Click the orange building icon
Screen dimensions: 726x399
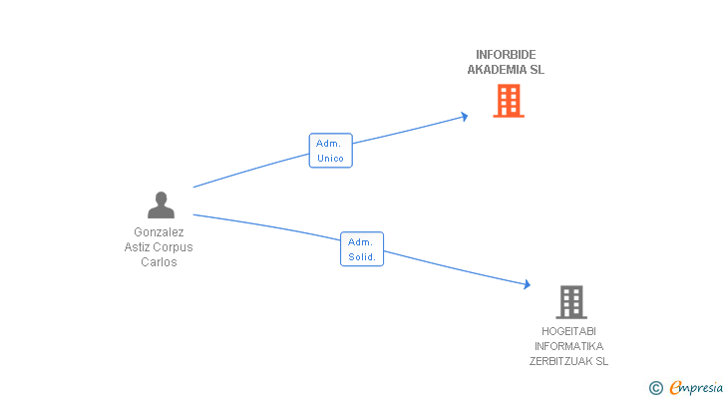[509, 101]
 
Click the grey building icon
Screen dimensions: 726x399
[571, 302]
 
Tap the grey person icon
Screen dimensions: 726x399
[161, 205]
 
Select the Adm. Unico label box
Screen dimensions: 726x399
[331, 151]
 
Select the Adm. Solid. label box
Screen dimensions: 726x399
[362, 249]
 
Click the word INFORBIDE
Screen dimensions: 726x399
[506, 55]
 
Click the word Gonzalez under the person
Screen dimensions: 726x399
[159, 232]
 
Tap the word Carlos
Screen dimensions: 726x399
[159, 262]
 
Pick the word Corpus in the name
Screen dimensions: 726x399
[175, 247]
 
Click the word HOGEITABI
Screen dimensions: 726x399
[568, 331]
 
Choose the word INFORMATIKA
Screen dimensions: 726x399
[568, 346]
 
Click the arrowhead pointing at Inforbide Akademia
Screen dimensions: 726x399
[465, 117]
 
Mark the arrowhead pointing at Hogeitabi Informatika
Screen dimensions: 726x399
[527, 284]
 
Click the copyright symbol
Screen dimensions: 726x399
[655, 388]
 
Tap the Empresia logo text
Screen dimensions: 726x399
[696, 387]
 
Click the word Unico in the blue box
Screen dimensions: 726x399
[331, 159]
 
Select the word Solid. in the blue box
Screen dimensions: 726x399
[362, 257]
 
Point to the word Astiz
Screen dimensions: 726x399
[138, 247]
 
